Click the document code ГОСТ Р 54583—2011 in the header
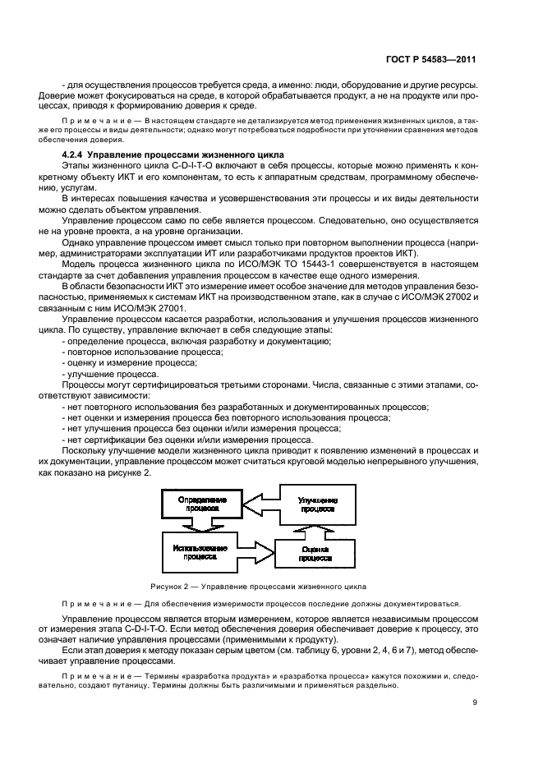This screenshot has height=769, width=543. (435, 60)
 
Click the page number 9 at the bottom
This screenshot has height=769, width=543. (476, 702)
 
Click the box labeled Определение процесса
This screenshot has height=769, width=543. (196, 503)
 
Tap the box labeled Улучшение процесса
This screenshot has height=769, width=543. (316, 504)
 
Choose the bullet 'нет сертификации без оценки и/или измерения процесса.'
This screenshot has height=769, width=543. (185, 439)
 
